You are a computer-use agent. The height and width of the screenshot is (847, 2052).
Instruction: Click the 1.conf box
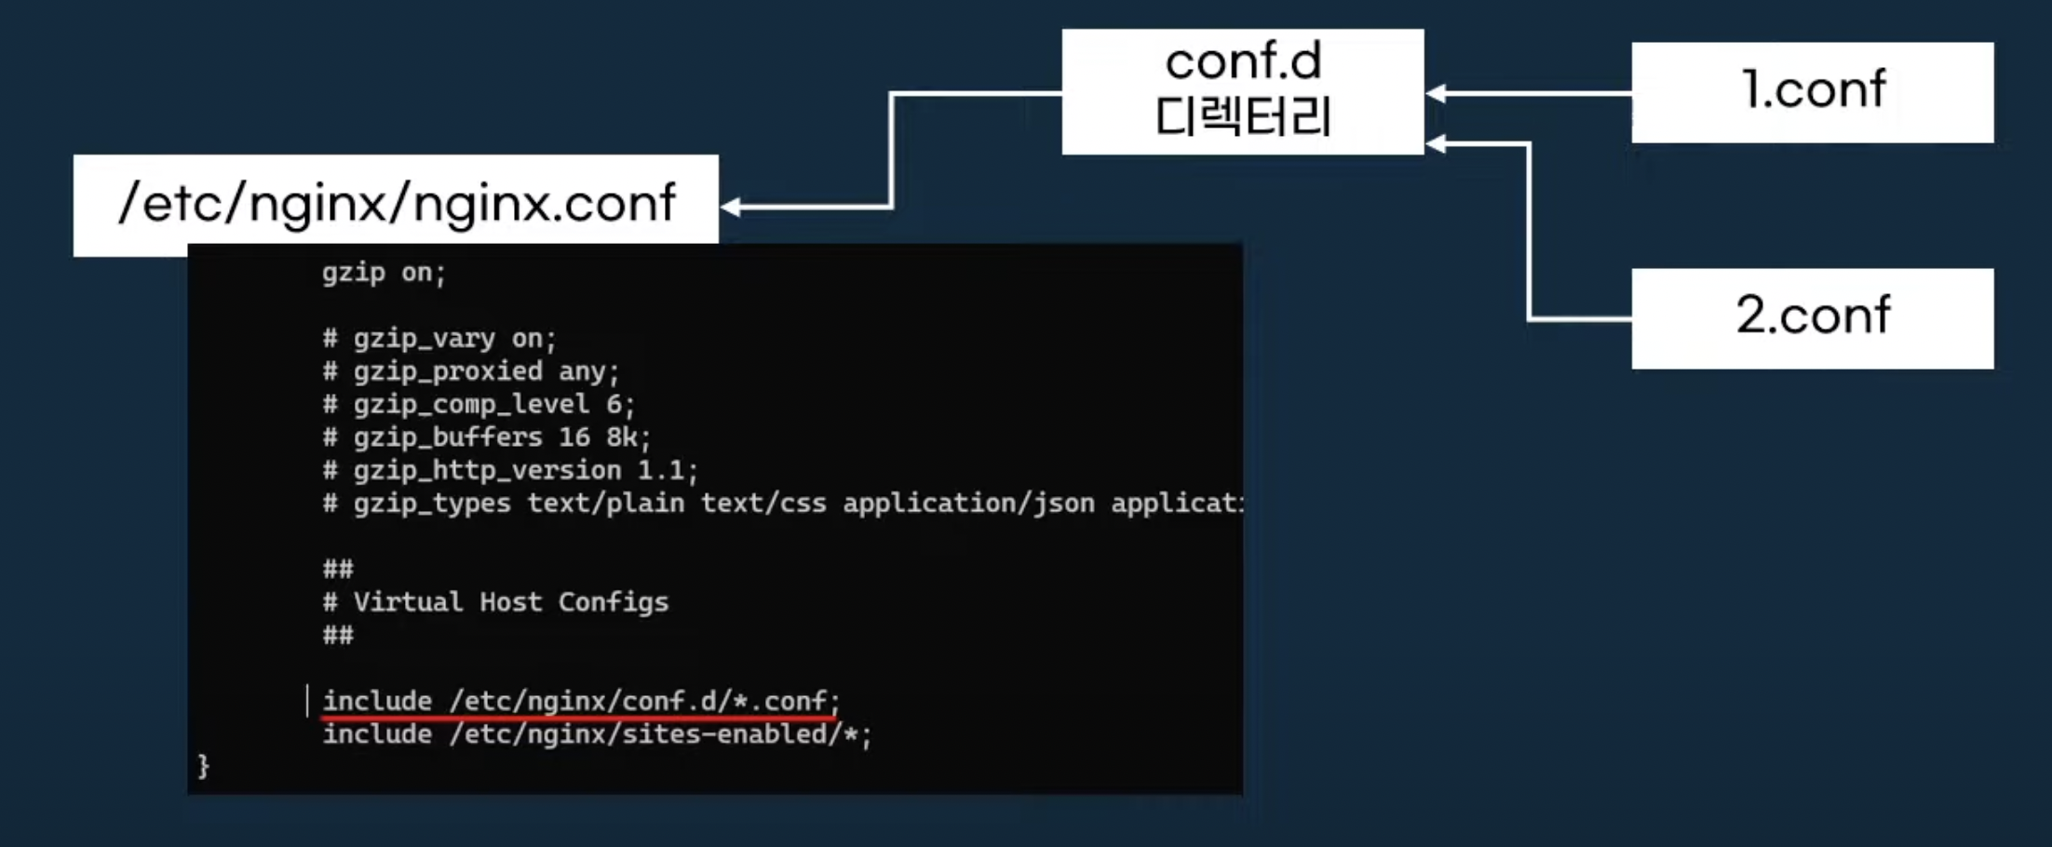[x=1812, y=91]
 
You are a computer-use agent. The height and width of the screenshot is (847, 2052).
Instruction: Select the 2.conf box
[x=1812, y=317]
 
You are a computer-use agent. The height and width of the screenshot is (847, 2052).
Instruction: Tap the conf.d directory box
[x=1242, y=91]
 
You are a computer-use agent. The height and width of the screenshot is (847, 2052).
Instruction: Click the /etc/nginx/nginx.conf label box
[x=396, y=202]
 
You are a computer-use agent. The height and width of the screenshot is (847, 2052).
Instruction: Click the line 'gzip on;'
[x=384, y=273]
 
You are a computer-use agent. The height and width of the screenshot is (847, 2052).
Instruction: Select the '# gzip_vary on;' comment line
[x=439, y=339]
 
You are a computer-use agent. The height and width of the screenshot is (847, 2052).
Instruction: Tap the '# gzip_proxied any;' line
[x=470, y=372]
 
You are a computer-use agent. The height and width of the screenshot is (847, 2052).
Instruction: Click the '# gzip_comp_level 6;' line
[x=478, y=405]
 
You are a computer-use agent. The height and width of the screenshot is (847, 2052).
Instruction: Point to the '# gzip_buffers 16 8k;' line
[x=486, y=437]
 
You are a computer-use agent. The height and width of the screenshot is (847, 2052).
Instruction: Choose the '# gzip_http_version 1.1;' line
[x=509, y=471]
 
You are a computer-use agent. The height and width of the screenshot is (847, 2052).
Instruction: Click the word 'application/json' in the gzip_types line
[x=968, y=504]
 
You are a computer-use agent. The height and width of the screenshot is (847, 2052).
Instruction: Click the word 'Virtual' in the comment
[x=408, y=602]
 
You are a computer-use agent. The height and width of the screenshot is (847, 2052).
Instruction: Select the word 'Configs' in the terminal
[x=613, y=602]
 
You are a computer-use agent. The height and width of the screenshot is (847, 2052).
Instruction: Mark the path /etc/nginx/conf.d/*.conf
[x=639, y=701]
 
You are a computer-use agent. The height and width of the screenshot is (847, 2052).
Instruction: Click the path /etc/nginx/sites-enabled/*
[x=654, y=734]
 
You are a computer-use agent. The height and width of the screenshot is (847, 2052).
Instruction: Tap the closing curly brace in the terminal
[x=203, y=766]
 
